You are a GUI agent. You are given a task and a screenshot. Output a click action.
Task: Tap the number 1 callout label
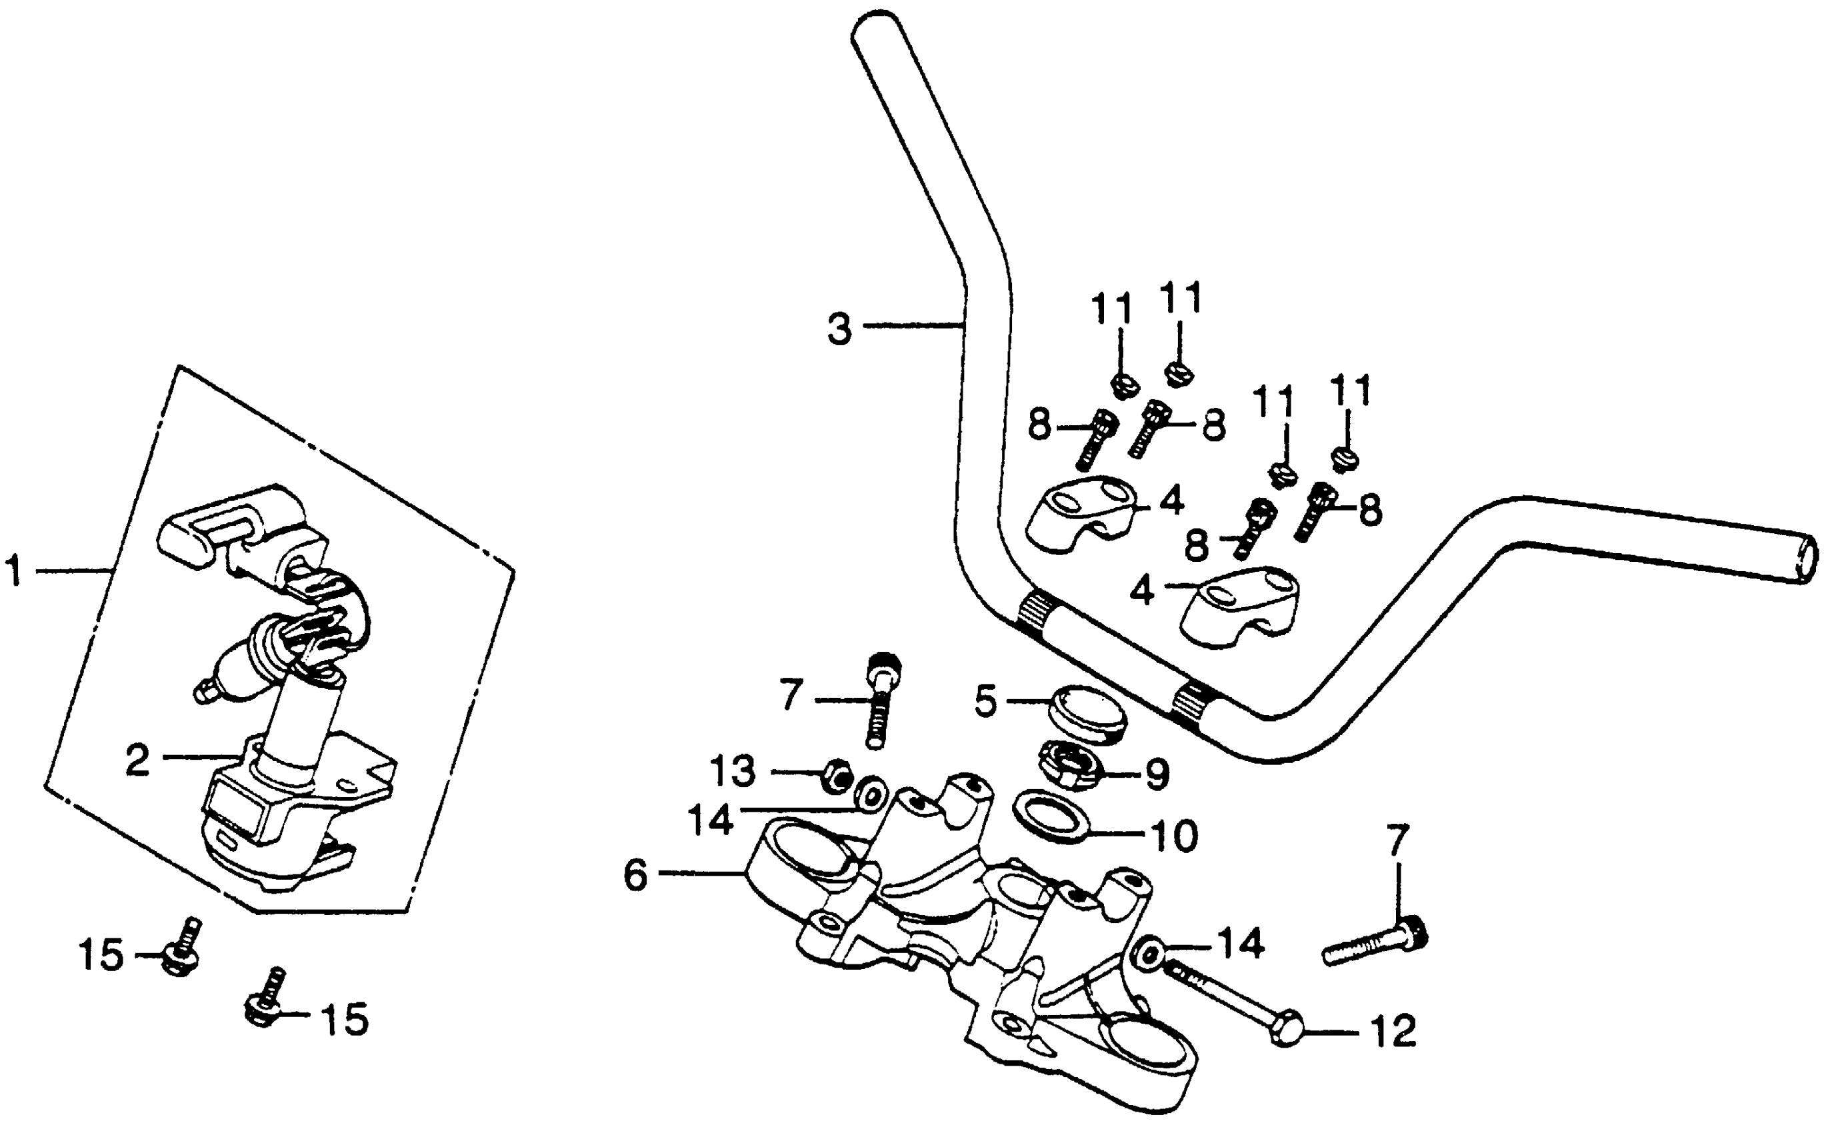click(x=15, y=571)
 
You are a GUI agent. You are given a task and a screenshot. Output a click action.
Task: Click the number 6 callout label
click(x=635, y=874)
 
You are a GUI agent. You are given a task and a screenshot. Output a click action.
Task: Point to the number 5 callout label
click(x=985, y=701)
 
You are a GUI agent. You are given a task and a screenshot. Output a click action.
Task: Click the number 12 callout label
click(x=1392, y=1032)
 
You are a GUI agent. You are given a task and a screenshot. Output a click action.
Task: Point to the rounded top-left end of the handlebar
click(x=879, y=30)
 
